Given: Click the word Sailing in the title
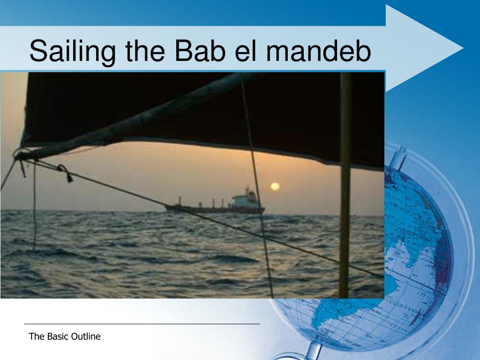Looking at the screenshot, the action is click(73, 52).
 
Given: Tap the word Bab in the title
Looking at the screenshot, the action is click(200, 51).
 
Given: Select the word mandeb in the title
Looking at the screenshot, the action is click(319, 51).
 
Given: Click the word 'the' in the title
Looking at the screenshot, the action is click(145, 51).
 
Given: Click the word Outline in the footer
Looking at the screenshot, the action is click(86, 337).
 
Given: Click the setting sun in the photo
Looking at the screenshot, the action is click(275, 187).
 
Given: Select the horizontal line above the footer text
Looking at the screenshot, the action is click(142, 323).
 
